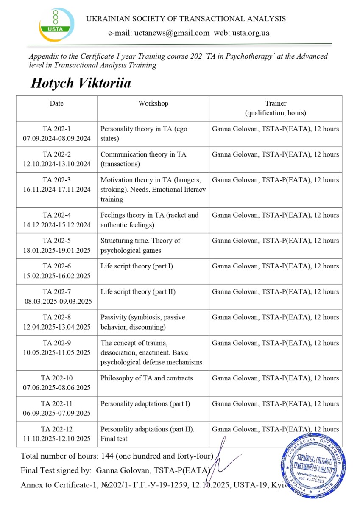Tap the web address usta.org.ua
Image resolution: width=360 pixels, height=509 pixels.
point(251,33)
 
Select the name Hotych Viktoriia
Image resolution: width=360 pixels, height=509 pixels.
point(81,83)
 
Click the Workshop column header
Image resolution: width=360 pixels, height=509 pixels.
point(153,103)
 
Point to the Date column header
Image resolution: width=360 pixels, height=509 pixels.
point(57,103)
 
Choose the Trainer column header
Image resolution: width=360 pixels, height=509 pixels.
point(275,108)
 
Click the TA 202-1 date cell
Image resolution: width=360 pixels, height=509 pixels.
point(57,134)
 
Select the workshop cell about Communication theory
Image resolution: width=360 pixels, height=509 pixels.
point(153,159)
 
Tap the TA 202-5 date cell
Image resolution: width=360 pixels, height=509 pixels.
point(57,245)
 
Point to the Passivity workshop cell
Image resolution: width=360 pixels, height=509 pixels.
point(153,322)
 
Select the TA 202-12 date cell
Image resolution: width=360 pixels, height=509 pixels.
point(57,434)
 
